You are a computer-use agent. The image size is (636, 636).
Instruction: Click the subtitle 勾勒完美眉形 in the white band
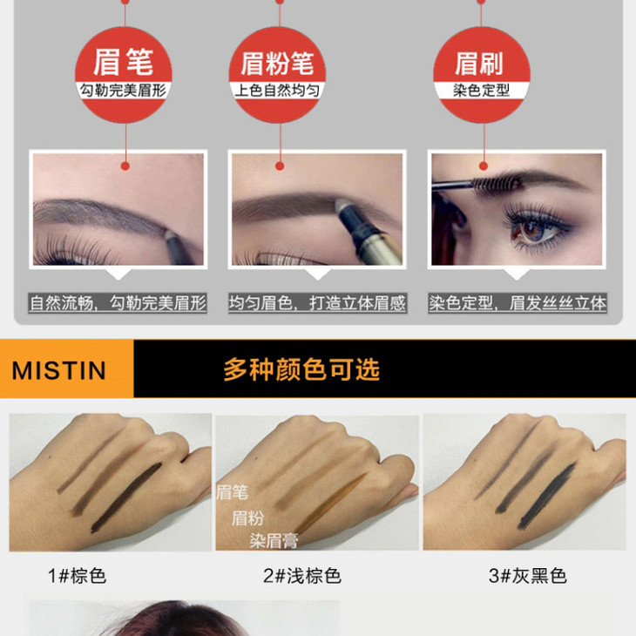tap(123, 91)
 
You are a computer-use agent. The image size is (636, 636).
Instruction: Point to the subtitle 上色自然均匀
tap(277, 91)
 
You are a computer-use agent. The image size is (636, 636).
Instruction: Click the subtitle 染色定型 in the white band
tap(482, 90)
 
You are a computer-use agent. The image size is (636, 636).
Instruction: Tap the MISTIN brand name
tap(59, 370)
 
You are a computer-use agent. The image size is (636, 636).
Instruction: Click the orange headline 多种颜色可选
tap(301, 369)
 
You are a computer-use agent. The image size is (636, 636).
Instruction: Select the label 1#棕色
tap(77, 576)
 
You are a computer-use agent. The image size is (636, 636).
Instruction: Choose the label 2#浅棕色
tap(302, 576)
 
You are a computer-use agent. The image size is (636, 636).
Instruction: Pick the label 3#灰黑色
tap(528, 576)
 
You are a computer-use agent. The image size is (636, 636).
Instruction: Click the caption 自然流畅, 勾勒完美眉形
tap(118, 303)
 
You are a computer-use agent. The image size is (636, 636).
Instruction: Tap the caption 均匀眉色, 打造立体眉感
tap(317, 303)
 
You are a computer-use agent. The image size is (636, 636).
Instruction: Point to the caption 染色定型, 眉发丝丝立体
tap(518, 303)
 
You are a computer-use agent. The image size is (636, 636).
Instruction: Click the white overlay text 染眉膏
tap(274, 541)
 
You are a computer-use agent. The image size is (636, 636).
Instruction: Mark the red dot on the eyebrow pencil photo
tap(125, 166)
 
